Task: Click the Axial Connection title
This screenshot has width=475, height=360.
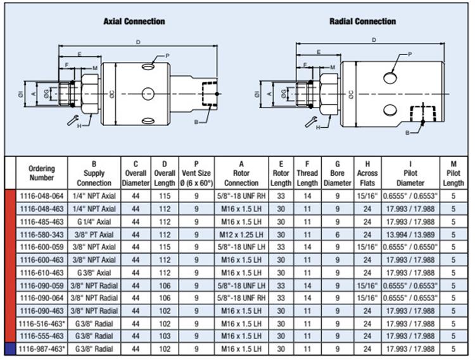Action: pos(134,22)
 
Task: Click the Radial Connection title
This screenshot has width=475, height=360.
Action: pos(363,22)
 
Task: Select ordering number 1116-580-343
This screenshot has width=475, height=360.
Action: pos(42,235)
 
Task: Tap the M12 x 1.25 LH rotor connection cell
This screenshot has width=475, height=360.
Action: pos(241,235)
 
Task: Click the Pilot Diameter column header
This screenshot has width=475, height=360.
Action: pos(410,173)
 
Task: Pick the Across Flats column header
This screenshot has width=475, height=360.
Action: pos(367,173)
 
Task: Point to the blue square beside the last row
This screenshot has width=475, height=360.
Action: pos(10,349)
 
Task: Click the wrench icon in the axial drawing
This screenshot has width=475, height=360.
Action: pos(73,120)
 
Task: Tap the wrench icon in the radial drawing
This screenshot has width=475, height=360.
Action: pos(311,121)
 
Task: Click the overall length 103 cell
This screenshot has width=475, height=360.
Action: pos(165,336)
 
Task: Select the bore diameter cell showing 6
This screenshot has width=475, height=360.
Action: pos(338,235)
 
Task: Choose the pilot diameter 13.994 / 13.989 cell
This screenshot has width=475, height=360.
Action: pos(410,235)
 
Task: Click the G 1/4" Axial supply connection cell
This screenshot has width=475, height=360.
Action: pos(94,222)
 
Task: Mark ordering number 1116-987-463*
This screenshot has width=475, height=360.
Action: pos(42,349)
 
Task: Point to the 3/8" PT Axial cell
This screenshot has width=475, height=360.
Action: pos(94,235)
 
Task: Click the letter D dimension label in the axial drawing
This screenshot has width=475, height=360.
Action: pos(138,42)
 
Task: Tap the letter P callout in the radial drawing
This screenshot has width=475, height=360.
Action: pos(410,54)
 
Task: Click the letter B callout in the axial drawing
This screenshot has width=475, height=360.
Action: pos(196,122)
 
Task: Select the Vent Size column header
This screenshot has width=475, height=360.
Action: pos(196,173)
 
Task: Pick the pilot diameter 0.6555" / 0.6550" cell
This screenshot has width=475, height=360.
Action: pos(410,247)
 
